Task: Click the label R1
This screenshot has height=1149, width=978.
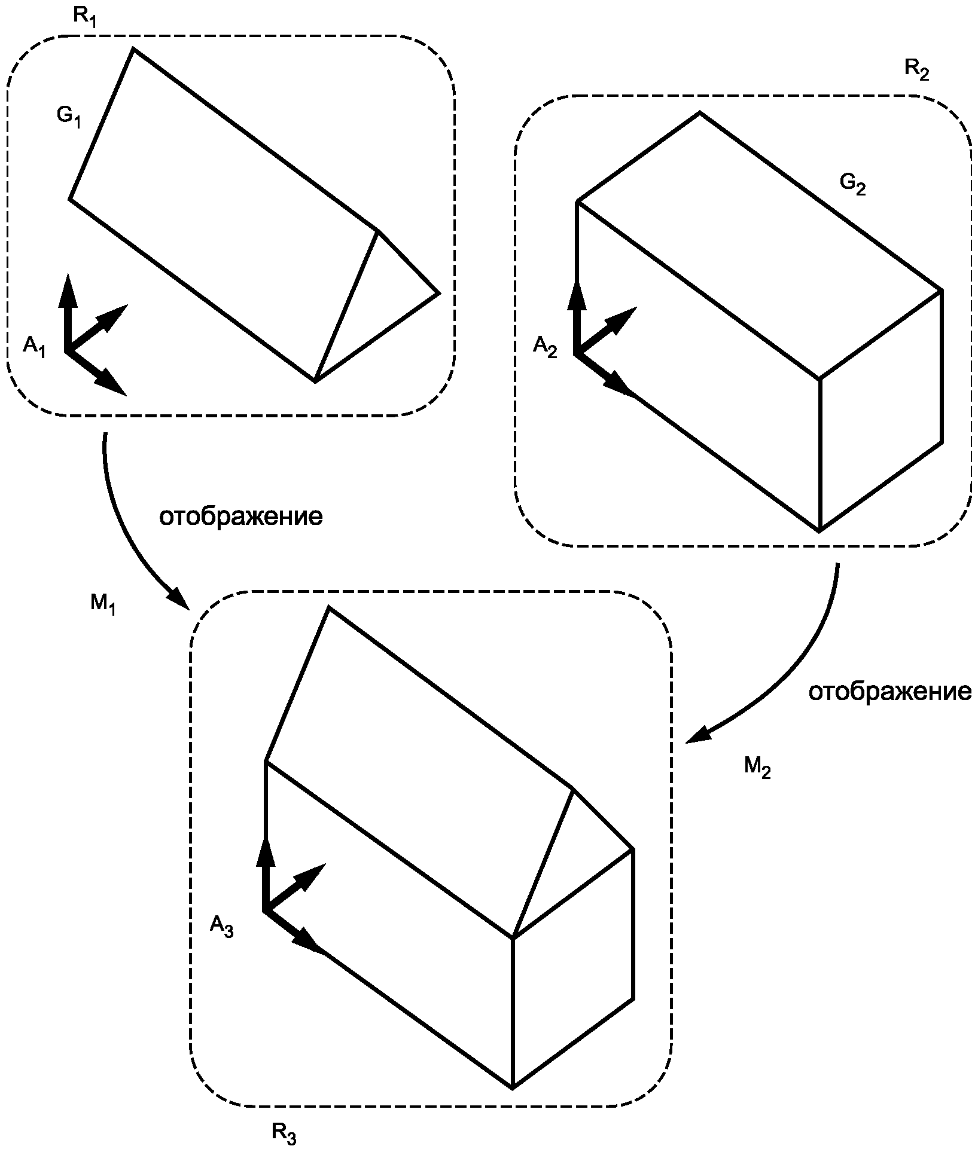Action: tap(84, 16)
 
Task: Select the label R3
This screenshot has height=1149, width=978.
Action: tap(284, 1133)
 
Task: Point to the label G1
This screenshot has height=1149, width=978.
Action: tap(69, 116)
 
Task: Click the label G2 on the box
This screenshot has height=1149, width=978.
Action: tap(852, 185)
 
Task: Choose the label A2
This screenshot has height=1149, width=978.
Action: tap(545, 346)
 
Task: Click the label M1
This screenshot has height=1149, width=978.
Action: tap(103, 604)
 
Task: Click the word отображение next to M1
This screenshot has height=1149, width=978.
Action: tap(240, 517)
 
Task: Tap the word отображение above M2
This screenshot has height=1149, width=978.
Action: tap(890, 692)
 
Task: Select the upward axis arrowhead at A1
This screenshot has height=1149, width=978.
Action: tap(68, 290)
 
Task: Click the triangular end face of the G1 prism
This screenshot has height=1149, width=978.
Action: tap(377, 305)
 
